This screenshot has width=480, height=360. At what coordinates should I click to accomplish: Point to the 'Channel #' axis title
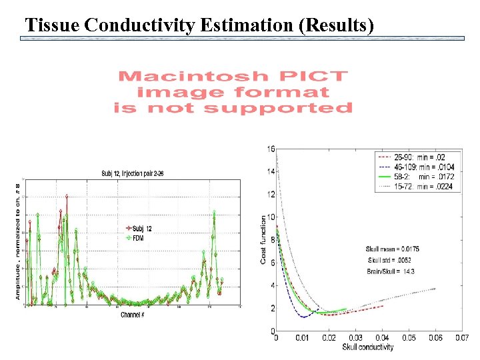(132, 314)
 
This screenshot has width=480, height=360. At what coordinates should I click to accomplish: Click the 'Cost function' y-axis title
(263, 239)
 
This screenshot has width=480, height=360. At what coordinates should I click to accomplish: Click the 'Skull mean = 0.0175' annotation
(392, 249)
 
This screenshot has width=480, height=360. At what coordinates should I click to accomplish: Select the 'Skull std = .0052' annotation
(392, 260)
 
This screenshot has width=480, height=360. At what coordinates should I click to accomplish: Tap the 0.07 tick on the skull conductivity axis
(461, 338)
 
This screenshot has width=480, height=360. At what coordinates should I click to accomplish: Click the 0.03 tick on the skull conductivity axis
(355, 338)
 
